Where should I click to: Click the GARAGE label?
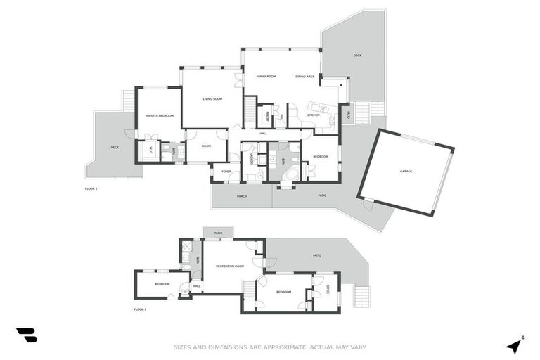click(406, 171)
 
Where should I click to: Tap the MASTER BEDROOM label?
click(160, 115)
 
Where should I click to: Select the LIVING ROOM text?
click(212, 99)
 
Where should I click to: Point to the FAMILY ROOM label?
click(266, 76)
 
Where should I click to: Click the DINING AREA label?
click(304, 76)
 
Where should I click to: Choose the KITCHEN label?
click(313, 115)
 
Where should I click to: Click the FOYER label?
click(226, 171)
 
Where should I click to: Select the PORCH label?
click(241, 196)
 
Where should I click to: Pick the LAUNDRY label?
click(252, 160)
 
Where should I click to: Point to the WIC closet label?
click(148, 149)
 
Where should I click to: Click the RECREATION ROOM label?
click(229, 266)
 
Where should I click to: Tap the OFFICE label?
click(328, 288)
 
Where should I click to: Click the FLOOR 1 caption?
click(140, 309)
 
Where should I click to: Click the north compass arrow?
click(515, 345)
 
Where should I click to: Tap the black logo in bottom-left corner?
click(27, 335)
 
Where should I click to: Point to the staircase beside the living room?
click(250, 112)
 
